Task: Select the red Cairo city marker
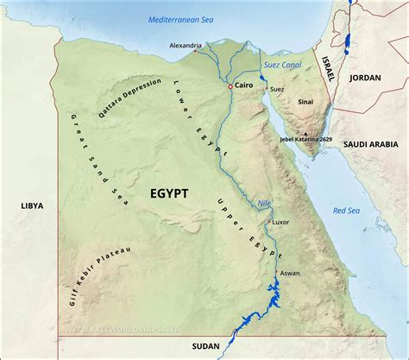[230, 87]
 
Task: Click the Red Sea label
[349, 211]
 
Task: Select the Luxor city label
[281, 222]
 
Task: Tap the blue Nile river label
[265, 204]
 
